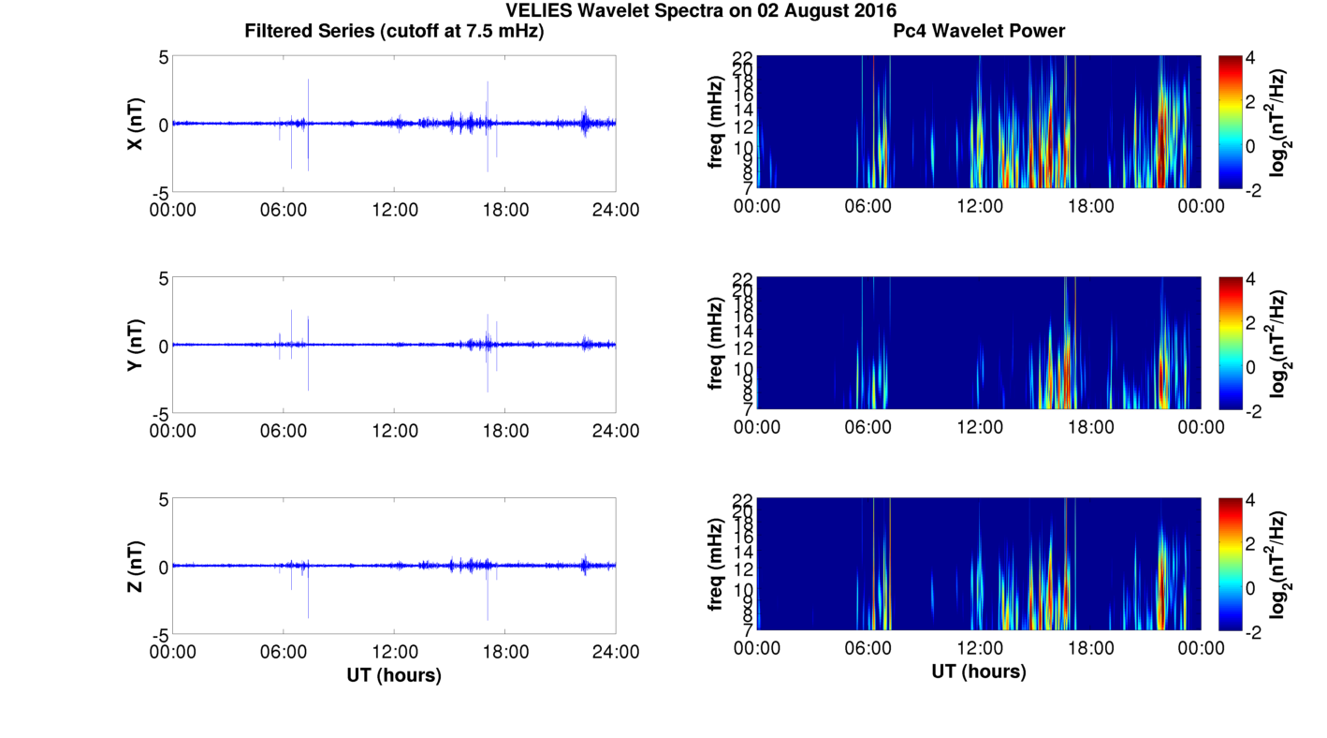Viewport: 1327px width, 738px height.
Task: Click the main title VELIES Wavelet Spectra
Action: click(x=700, y=10)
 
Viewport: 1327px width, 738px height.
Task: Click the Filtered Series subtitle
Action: click(x=394, y=31)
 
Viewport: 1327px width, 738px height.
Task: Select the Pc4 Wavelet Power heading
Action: click(x=979, y=31)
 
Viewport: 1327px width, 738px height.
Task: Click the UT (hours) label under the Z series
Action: click(x=394, y=674)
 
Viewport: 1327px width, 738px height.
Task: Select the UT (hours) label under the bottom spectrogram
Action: click(x=979, y=672)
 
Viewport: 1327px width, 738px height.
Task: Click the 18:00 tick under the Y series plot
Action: click(x=505, y=431)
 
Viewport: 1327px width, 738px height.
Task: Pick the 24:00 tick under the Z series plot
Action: click(x=616, y=652)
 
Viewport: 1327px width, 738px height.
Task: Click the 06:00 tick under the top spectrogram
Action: click(x=868, y=206)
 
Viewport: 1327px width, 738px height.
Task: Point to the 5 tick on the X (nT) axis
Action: click(x=163, y=57)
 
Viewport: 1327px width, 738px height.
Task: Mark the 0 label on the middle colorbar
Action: click(x=1254, y=366)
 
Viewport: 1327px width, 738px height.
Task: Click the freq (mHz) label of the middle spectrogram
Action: click(x=716, y=344)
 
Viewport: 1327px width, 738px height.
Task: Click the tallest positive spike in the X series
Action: click(x=308, y=81)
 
